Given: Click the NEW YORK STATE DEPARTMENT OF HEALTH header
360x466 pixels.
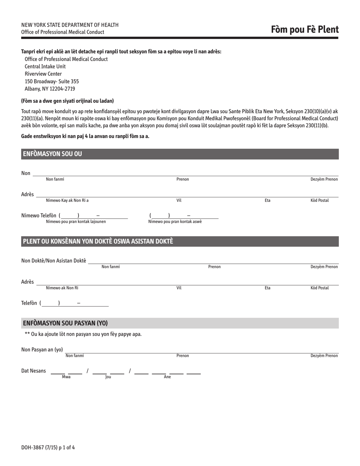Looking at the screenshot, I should pos(70,25).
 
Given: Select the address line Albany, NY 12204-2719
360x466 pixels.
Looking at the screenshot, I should pos(50,89).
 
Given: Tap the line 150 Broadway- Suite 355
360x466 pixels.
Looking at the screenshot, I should pos(52,81).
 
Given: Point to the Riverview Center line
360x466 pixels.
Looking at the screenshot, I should pos(43,74).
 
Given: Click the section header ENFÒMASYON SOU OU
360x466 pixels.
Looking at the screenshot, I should pos(52,154).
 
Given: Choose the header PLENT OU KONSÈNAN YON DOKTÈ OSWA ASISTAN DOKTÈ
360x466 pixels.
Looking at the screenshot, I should pos(98,241).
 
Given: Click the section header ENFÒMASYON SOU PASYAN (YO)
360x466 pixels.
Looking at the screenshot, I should pos(65,323).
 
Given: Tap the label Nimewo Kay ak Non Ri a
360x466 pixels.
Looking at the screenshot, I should pos(67,200).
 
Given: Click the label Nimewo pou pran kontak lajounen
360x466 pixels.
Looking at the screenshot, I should pos(76,222).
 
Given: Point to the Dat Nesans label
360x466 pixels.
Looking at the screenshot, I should pos(33,371).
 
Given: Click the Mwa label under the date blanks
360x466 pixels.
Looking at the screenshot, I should pos(66,377).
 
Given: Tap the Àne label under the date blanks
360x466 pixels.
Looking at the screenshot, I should pos(167,377).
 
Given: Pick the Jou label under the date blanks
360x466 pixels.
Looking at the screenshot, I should pos(108,377).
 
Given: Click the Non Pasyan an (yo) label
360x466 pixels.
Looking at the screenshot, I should pos(42,349).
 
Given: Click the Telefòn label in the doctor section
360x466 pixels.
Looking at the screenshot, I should pos(29,303).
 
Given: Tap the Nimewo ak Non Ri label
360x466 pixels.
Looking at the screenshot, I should pos(62,288).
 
